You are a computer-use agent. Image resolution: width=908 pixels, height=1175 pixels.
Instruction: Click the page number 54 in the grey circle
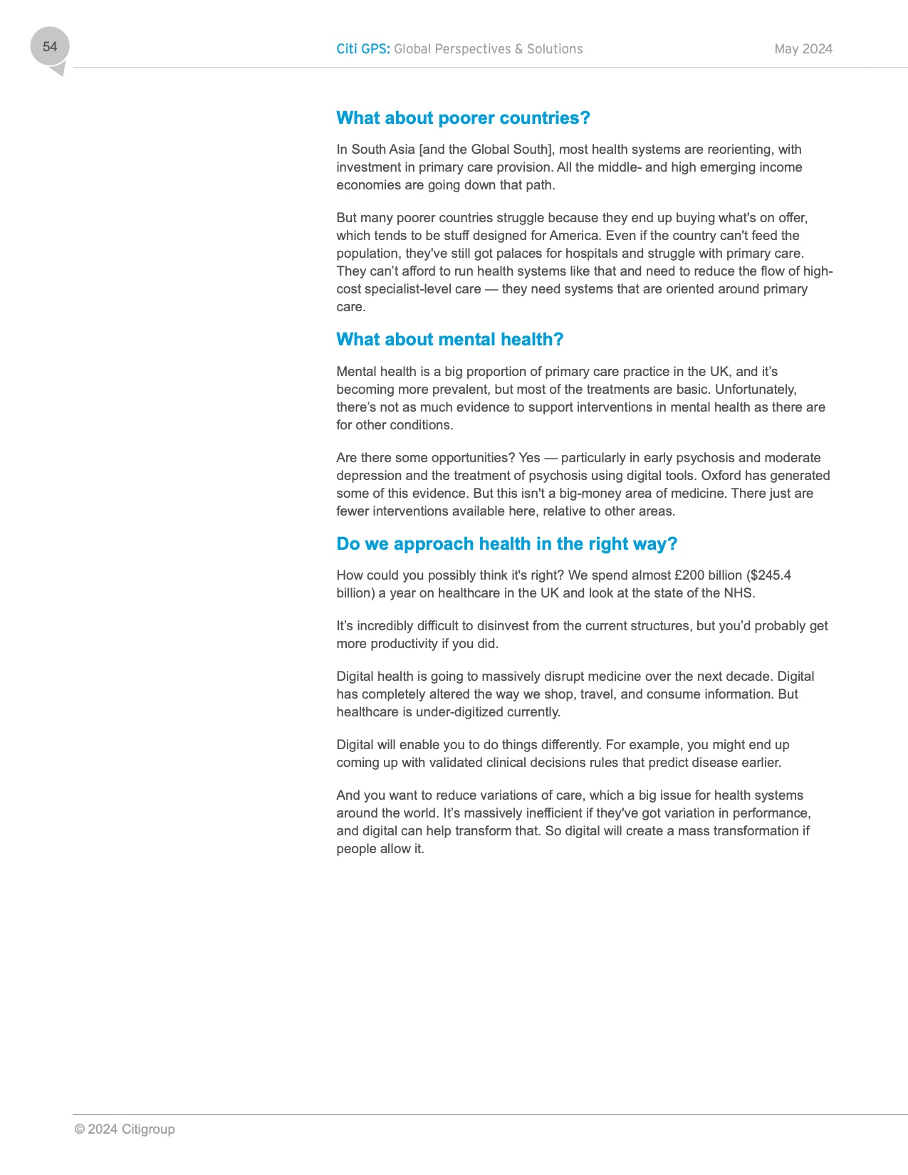click(x=50, y=47)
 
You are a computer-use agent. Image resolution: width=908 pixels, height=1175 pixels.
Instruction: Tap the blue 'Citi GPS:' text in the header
click(x=362, y=49)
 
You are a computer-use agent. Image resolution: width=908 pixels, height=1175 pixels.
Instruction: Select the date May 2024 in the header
click(x=803, y=49)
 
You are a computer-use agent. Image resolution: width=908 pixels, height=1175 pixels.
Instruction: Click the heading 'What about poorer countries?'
click(x=463, y=118)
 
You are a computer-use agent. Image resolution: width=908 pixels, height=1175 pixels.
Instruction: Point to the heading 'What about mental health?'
click(x=449, y=340)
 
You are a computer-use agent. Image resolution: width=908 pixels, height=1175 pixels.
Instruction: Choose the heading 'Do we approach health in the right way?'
click(x=506, y=544)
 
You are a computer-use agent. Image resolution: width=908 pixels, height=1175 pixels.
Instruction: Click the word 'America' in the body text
click(x=574, y=236)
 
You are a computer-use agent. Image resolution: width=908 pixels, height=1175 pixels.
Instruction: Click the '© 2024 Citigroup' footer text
click(x=125, y=1129)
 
